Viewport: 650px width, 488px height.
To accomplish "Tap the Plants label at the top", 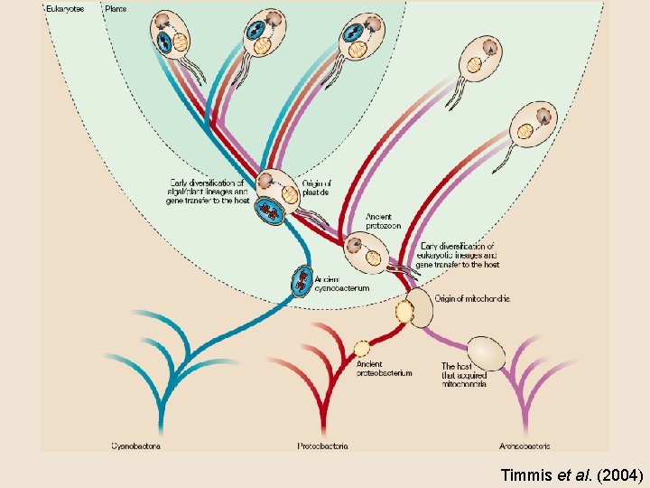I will (x=116, y=9).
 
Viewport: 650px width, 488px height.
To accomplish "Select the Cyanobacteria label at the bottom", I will (x=137, y=445).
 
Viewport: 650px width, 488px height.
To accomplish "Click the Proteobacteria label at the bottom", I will (x=322, y=445).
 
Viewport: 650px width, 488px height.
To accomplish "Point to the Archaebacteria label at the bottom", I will (x=525, y=445).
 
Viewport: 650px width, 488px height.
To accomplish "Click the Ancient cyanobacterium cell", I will (x=302, y=282).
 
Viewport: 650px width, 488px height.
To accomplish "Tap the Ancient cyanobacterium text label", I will (x=342, y=284).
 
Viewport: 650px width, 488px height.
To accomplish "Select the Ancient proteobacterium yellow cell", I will (x=361, y=348).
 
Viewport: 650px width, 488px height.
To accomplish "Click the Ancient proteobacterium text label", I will (x=385, y=369).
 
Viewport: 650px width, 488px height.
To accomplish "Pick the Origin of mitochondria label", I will (x=472, y=298).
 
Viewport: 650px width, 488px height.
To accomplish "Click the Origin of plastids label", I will (x=316, y=188).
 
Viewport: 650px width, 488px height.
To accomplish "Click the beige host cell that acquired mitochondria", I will (x=486, y=351).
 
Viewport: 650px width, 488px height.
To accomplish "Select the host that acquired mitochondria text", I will (x=464, y=375).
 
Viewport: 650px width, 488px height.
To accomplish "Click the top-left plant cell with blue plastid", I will (x=172, y=34).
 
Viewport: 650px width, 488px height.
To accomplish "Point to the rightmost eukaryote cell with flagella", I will (x=533, y=124).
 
